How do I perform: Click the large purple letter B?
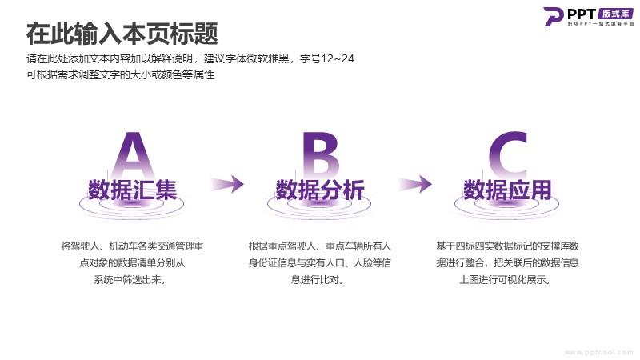pos(321,155)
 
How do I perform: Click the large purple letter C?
pos(508,155)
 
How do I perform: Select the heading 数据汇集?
pos(132,190)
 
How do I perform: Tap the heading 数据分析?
pos(320,190)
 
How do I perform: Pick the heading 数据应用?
pos(507,190)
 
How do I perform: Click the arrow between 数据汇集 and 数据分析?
pos(227,184)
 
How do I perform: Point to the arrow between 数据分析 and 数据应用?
pos(415,184)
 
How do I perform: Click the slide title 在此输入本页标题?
pos(122,34)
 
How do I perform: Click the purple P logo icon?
pos(553,16)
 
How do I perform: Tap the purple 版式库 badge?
pos(615,14)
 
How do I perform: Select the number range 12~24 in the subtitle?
pos(338,58)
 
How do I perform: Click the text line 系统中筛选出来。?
pos(130,280)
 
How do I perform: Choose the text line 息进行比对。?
pos(317,280)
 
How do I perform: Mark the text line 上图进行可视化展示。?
pos(505,280)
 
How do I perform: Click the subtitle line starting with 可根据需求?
pos(121,75)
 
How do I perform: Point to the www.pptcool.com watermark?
pos(598,352)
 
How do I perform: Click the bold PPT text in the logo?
pos(582,14)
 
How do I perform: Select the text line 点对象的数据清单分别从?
pos(132,263)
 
